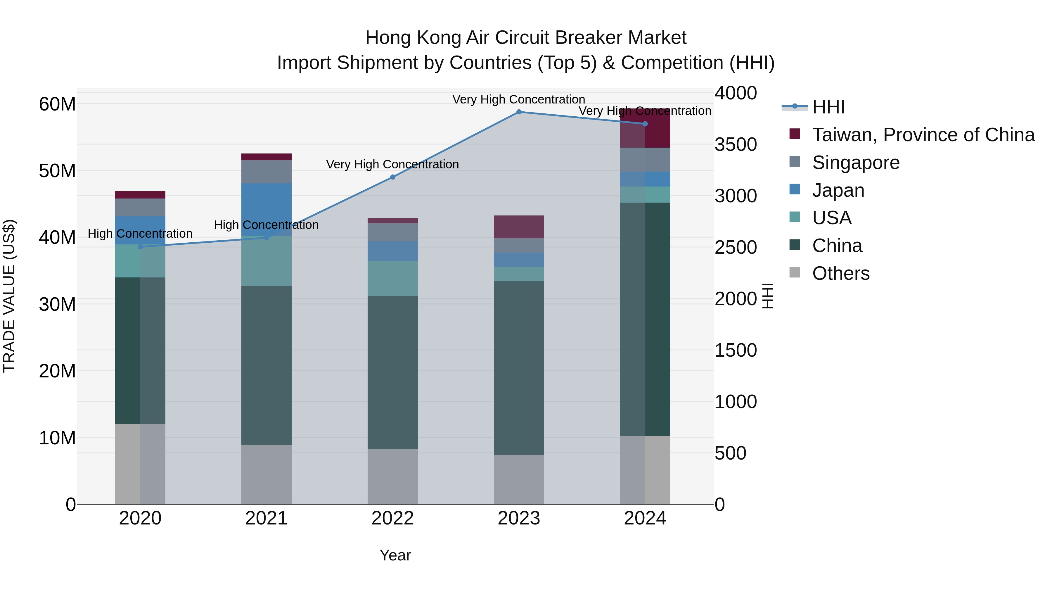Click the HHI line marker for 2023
tap(519, 112)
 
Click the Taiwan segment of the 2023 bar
tap(519, 227)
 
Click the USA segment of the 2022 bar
tap(392, 278)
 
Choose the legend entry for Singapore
tap(856, 163)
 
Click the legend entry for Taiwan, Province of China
tap(923, 135)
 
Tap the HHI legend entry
tap(828, 107)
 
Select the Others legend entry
tap(840, 273)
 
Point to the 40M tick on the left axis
tap(57, 237)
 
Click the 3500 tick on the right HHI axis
tap(735, 144)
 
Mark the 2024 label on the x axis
tap(645, 518)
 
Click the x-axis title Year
tap(395, 555)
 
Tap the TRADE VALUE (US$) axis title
tap(9, 296)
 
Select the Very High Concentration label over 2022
tap(392, 164)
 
